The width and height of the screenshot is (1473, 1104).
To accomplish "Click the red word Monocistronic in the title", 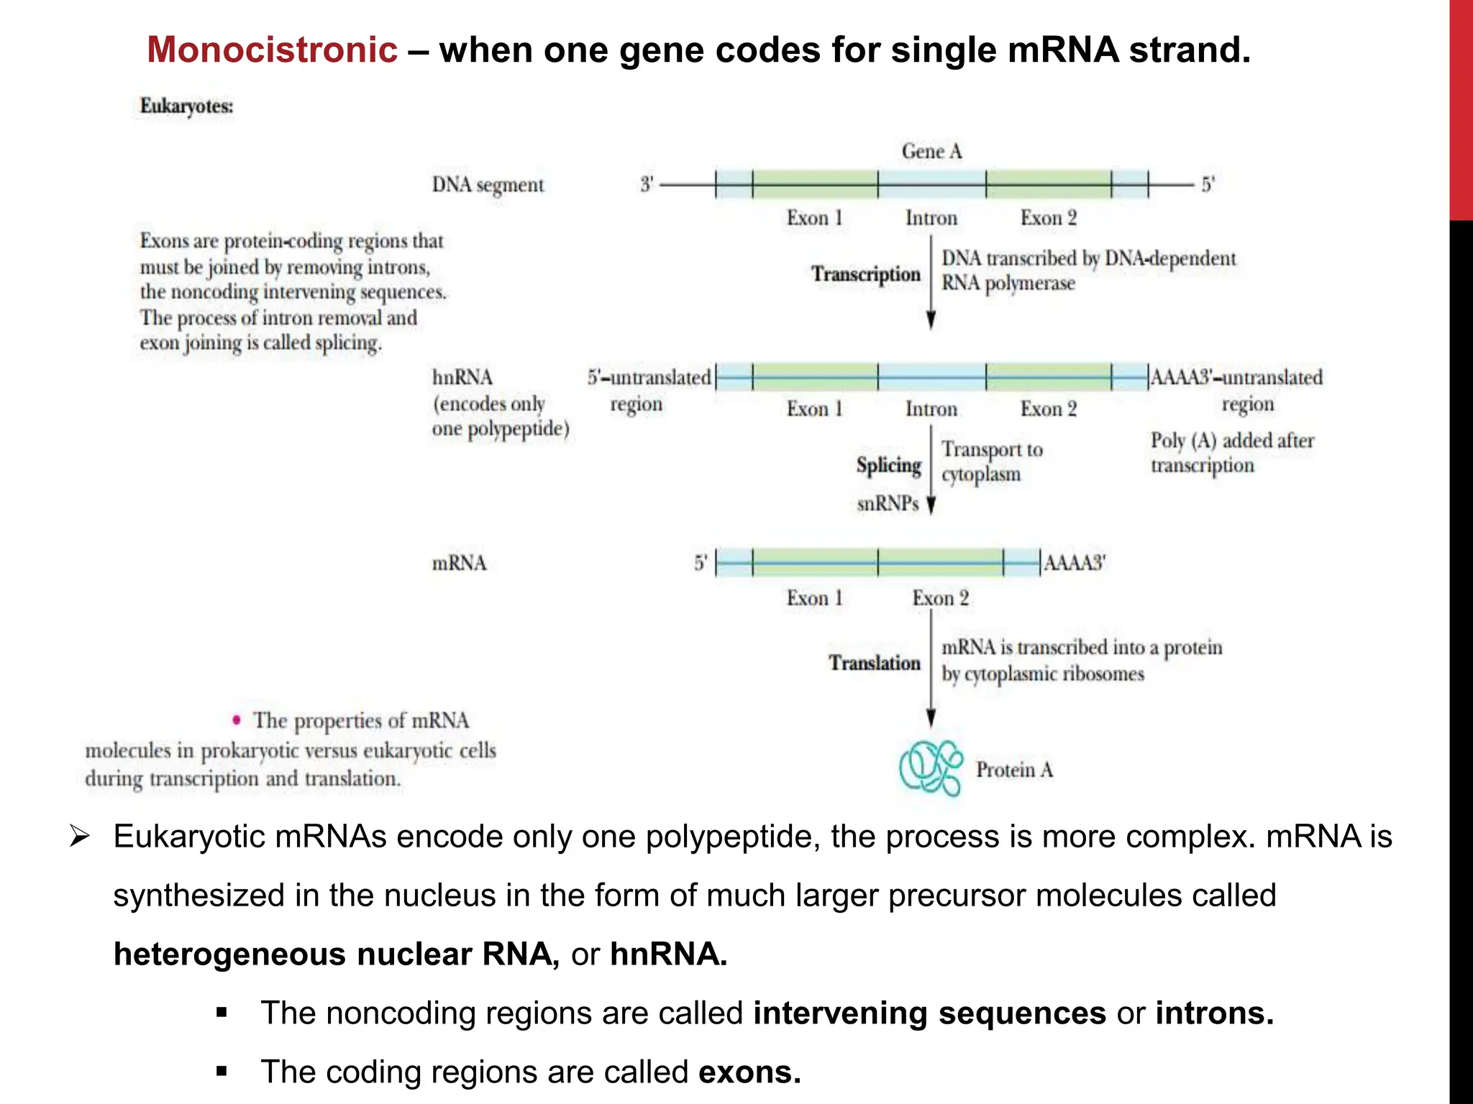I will click(272, 50).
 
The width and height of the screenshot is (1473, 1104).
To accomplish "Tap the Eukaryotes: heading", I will click(186, 106).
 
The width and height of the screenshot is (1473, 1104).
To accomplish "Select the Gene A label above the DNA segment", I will click(931, 152).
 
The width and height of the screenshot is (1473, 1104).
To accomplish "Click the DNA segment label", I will click(488, 185).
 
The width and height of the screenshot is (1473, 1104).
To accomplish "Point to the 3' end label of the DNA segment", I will click(647, 185).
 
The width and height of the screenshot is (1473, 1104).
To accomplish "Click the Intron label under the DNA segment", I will click(931, 218).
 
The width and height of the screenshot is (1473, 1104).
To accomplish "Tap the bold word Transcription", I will click(866, 275).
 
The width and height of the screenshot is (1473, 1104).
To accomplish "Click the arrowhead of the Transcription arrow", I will click(931, 321).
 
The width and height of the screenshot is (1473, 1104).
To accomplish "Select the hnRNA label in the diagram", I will click(462, 378).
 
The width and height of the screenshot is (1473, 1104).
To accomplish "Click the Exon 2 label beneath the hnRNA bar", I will click(1048, 410).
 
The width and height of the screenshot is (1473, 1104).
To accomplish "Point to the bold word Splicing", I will click(888, 466).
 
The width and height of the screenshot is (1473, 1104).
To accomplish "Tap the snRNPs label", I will click(888, 504).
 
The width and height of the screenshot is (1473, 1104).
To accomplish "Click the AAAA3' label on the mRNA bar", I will click(1074, 563).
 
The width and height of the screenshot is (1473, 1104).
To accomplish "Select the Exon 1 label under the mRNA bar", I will click(814, 599).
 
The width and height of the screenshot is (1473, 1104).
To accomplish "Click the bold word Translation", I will click(874, 663).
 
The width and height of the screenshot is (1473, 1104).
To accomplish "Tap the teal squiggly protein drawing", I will click(931, 768).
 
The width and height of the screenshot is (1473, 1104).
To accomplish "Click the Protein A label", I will click(1014, 770).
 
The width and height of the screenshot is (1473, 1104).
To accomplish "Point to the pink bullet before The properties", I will click(236, 719).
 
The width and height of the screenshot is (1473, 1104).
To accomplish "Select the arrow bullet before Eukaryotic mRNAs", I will click(78, 837).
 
